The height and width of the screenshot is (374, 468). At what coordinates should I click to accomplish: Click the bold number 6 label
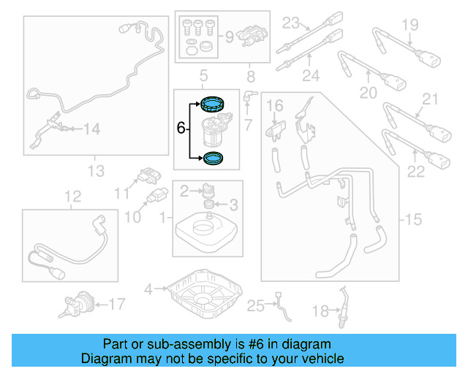181,128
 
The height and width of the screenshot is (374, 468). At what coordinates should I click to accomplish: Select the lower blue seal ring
215,156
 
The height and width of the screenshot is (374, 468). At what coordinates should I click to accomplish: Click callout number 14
91,129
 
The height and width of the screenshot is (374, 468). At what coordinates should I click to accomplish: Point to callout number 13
96,172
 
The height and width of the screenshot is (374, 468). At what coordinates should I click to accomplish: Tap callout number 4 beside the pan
148,290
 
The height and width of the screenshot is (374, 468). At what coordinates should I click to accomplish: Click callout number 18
320,312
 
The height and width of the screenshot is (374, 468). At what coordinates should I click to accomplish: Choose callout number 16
274,108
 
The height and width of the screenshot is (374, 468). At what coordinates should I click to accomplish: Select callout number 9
227,35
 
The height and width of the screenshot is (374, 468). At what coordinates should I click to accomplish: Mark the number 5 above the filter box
205,75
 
